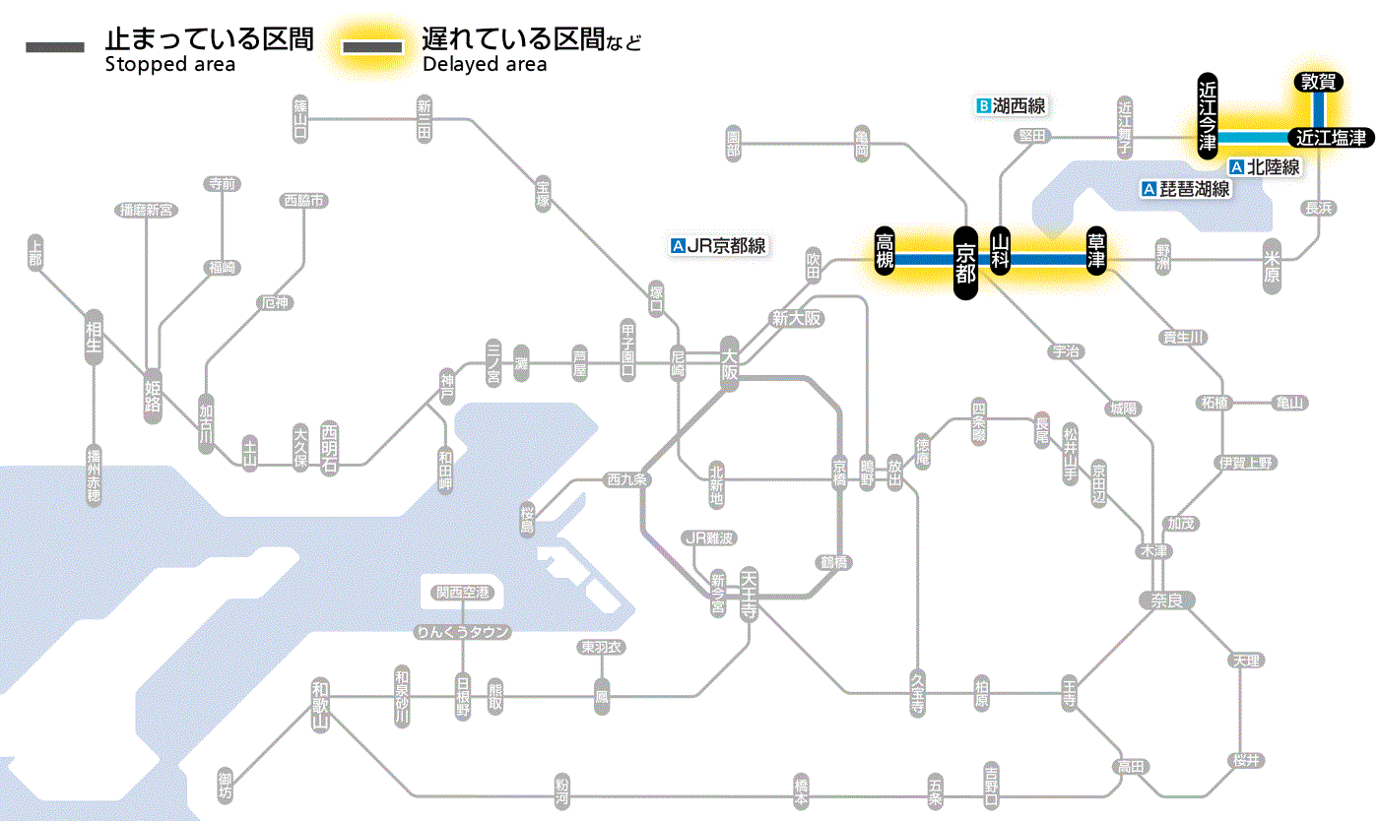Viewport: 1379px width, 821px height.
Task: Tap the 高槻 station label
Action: [x=885, y=252]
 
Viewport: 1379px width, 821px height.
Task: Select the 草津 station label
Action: [x=1095, y=253]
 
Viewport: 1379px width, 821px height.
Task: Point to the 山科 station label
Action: [x=1001, y=253]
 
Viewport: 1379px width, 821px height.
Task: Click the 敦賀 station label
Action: [x=1318, y=83]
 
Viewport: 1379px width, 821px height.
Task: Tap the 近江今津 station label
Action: [x=1208, y=115]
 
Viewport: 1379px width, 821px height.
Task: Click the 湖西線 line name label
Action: [x=1011, y=105]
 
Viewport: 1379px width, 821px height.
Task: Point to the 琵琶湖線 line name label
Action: [x=1186, y=189]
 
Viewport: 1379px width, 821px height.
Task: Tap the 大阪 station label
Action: [x=729, y=365]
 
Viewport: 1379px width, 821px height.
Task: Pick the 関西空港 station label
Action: [x=462, y=593]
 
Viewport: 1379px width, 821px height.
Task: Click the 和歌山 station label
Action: [x=320, y=705]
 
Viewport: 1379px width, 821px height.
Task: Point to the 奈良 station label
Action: [x=1165, y=600]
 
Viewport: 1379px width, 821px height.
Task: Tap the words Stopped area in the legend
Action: [x=169, y=65]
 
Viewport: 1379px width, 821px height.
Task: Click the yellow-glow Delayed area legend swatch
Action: [x=371, y=47]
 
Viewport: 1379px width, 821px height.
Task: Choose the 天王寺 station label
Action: [x=749, y=592]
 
